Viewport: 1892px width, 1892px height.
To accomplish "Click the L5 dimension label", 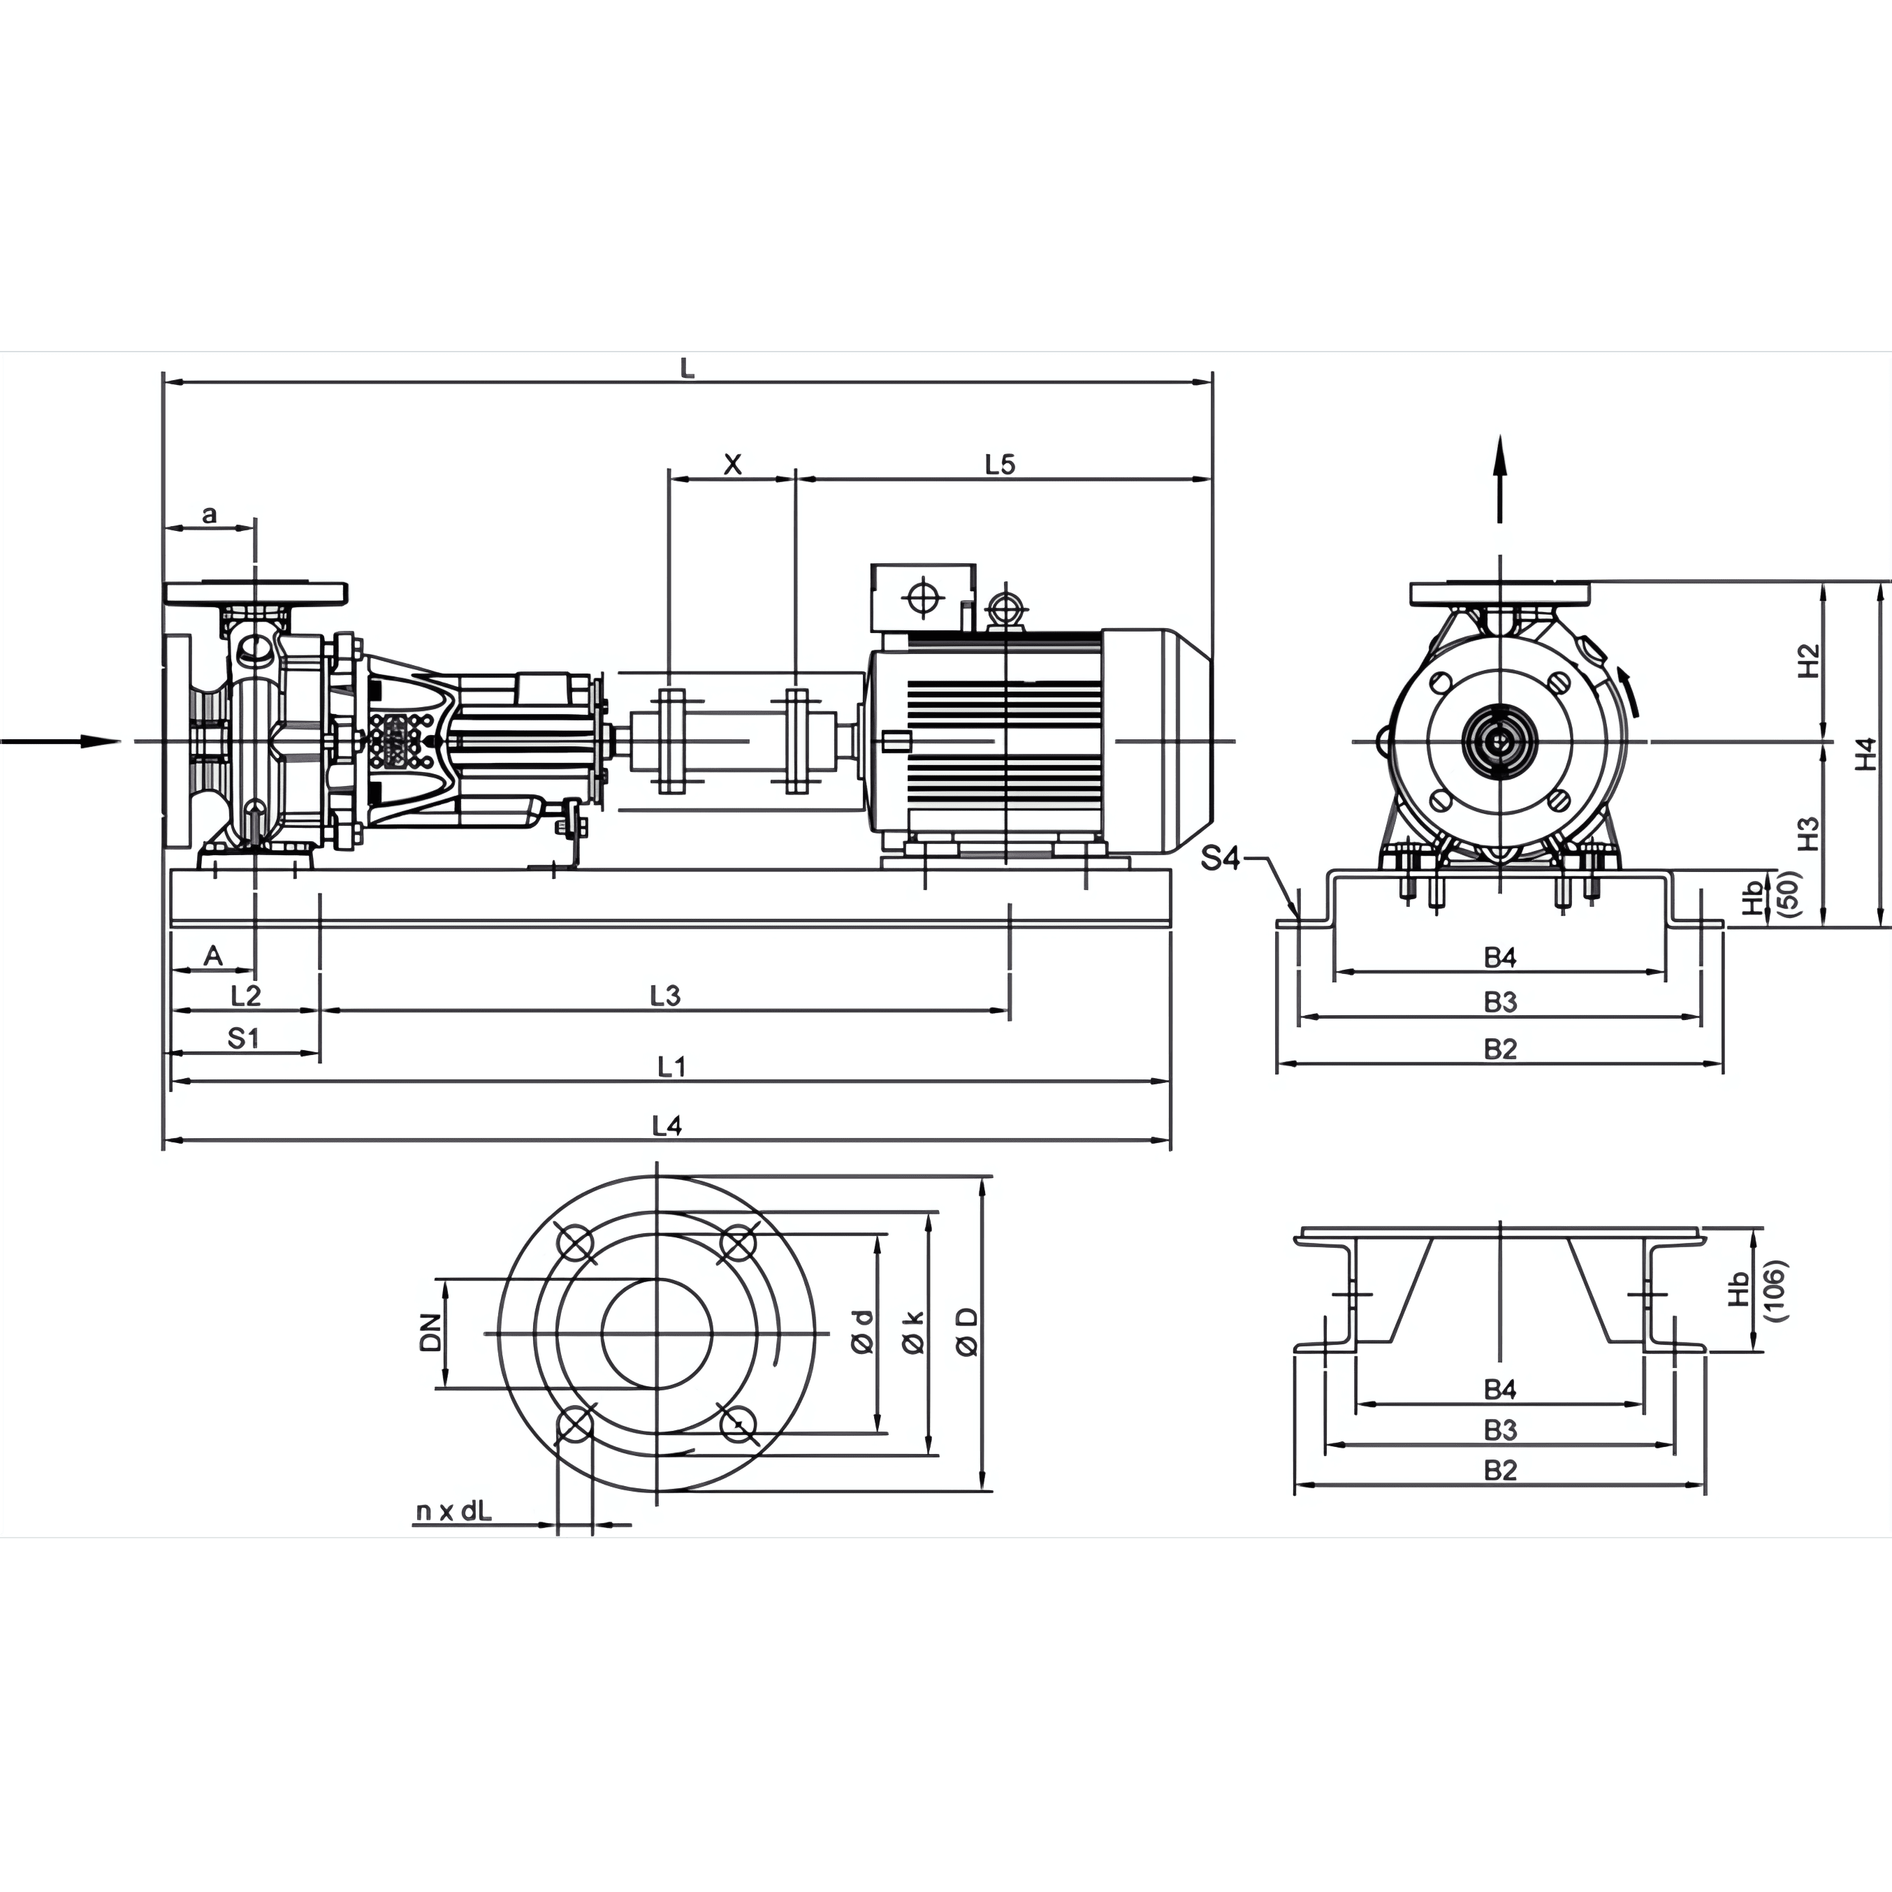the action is tap(1000, 464).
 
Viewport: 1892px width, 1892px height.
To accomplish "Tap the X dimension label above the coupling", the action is tap(732, 464).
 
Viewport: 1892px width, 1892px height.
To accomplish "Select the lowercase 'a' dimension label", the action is tap(209, 514).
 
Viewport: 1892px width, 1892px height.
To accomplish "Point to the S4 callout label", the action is tap(1220, 859).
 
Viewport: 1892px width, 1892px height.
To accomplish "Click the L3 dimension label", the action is tap(665, 996).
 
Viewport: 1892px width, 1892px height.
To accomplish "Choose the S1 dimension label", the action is tap(243, 1038).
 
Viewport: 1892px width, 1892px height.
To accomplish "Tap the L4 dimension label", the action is tap(667, 1126).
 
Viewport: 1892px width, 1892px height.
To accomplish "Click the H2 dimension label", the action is tap(1809, 660).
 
